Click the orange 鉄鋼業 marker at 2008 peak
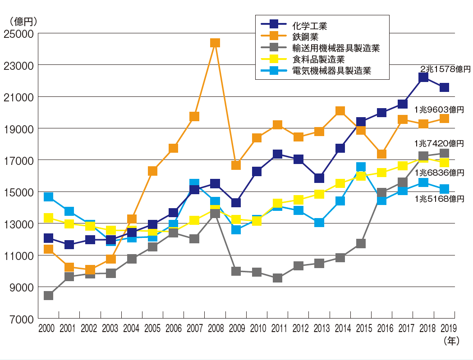tap(215, 43)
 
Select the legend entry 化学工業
tap(308, 26)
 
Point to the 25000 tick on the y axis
tap(18, 34)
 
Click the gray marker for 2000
tap(48, 296)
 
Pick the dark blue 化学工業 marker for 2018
tap(423, 77)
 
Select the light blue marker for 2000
tap(48, 197)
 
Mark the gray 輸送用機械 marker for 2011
tap(277, 278)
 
